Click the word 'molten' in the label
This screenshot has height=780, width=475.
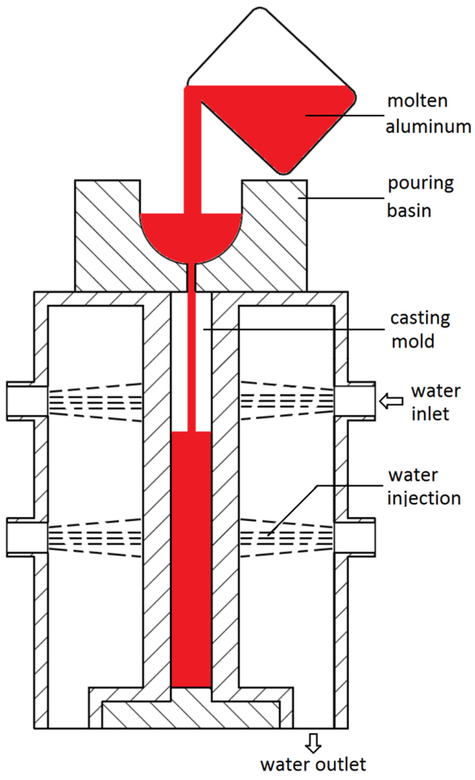click(x=417, y=101)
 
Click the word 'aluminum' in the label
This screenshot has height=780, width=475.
click(x=428, y=126)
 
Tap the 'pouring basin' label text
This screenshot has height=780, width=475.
click(x=420, y=197)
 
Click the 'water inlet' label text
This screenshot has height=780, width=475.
click(x=435, y=402)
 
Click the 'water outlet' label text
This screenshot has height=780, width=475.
click(x=313, y=764)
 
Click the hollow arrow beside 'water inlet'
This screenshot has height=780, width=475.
click(x=391, y=401)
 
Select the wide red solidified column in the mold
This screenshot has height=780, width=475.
click(x=191, y=557)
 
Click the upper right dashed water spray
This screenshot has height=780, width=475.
click(x=286, y=401)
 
